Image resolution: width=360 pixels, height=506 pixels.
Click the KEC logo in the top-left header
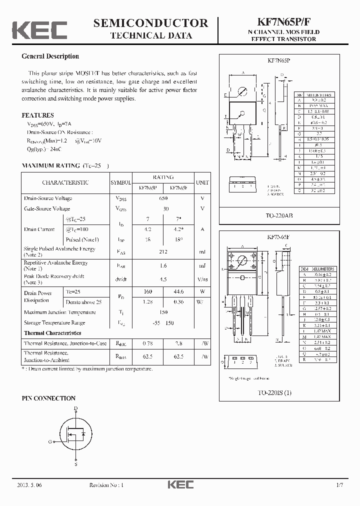39,30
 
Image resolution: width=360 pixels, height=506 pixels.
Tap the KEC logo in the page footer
180,484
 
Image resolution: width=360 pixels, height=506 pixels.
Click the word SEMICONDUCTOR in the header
150,23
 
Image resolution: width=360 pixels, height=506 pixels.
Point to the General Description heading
50,56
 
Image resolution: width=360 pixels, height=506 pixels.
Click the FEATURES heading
37,115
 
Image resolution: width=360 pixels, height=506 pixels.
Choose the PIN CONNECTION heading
48,398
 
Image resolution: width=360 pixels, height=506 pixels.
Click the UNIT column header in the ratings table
202,182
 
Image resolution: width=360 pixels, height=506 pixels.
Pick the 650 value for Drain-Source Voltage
163,198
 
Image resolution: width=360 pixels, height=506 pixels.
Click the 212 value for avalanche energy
163,252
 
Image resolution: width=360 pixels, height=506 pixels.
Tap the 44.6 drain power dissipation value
178,291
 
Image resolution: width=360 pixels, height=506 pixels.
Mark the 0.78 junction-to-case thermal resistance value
147,343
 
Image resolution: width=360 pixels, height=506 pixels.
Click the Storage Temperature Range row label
54,323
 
